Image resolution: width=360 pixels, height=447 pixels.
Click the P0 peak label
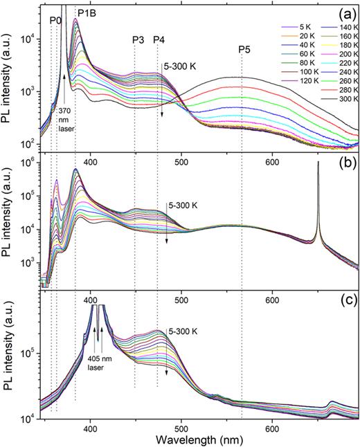point(56,21)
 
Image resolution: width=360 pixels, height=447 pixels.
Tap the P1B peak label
point(87,12)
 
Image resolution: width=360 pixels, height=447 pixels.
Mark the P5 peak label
point(244,49)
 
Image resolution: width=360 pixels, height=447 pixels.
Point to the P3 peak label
point(138,39)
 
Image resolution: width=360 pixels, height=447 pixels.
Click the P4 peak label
point(159,39)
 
